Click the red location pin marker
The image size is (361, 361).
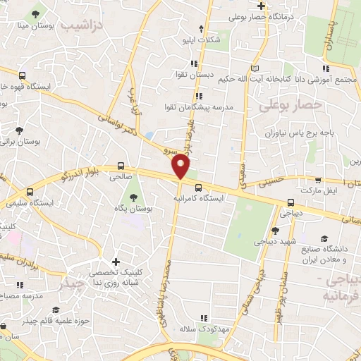[181, 166]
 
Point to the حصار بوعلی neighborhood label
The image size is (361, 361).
[290, 106]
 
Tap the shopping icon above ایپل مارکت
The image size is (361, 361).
[318, 180]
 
